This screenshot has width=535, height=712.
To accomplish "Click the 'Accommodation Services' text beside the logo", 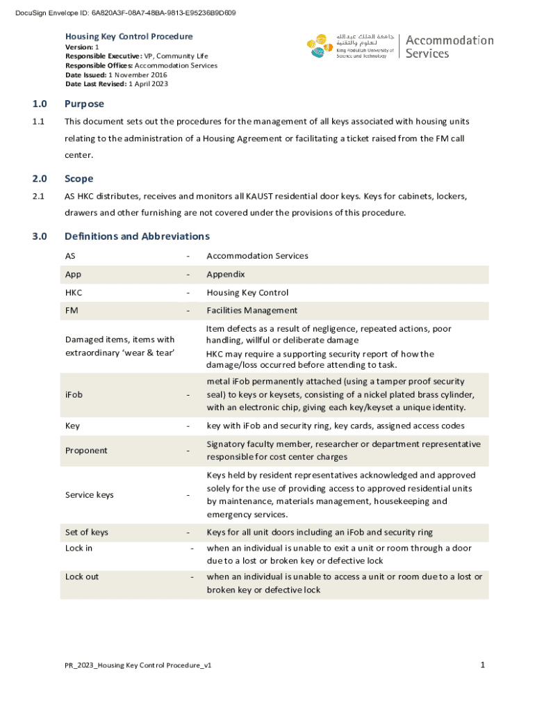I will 449,47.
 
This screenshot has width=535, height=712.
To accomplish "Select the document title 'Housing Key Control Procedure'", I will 129,36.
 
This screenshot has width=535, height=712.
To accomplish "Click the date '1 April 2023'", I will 148,84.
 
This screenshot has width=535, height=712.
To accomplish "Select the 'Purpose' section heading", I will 84,104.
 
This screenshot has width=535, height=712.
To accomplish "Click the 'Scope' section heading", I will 79,179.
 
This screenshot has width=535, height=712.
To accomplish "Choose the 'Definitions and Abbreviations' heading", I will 137,236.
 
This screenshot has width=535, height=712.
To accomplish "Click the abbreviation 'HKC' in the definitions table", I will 74,293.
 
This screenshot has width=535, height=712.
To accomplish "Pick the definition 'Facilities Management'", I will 252,311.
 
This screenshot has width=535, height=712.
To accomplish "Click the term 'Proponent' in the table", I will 86,451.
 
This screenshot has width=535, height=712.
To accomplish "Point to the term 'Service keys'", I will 89,495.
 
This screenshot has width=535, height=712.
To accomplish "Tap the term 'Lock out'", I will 82,577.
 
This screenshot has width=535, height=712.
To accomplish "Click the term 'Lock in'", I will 79,549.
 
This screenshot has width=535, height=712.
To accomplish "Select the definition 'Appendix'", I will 225,275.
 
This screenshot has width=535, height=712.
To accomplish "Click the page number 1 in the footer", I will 482,665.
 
